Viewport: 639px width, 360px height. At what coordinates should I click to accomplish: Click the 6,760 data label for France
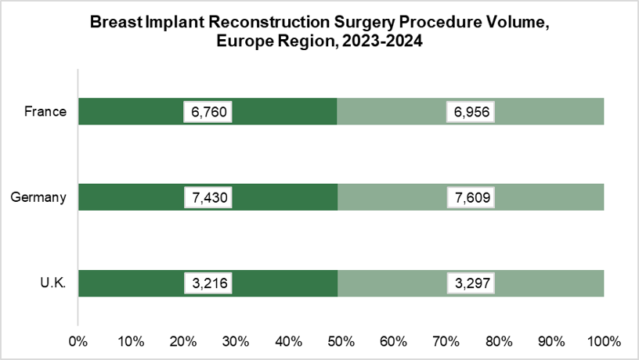(x=208, y=111)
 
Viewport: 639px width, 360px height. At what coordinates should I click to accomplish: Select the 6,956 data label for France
(x=471, y=111)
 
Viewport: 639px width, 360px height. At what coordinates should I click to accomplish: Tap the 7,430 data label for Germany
(x=208, y=197)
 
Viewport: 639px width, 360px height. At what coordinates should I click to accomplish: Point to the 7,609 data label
(x=471, y=197)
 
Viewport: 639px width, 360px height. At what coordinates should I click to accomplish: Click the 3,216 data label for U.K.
(x=208, y=283)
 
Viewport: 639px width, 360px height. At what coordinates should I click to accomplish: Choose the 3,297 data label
(x=471, y=283)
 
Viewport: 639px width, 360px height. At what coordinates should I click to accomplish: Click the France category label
(x=45, y=111)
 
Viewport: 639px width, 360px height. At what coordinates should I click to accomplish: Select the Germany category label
(x=38, y=197)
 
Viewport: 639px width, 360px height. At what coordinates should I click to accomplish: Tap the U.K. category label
(x=52, y=283)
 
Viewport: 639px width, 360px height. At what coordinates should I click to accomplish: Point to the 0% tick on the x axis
(x=78, y=341)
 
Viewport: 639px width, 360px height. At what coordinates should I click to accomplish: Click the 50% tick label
(x=341, y=341)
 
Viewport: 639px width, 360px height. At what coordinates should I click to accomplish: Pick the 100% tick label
(x=604, y=341)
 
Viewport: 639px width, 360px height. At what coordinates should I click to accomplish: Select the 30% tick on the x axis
(x=236, y=341)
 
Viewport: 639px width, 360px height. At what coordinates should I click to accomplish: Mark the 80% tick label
(x=499, y=341)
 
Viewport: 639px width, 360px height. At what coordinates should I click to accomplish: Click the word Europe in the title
(x=241, y=43)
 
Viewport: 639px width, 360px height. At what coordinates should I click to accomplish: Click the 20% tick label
(x=183, y=341)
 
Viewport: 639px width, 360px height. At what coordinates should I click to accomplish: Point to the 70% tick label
(x=446, y=341)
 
